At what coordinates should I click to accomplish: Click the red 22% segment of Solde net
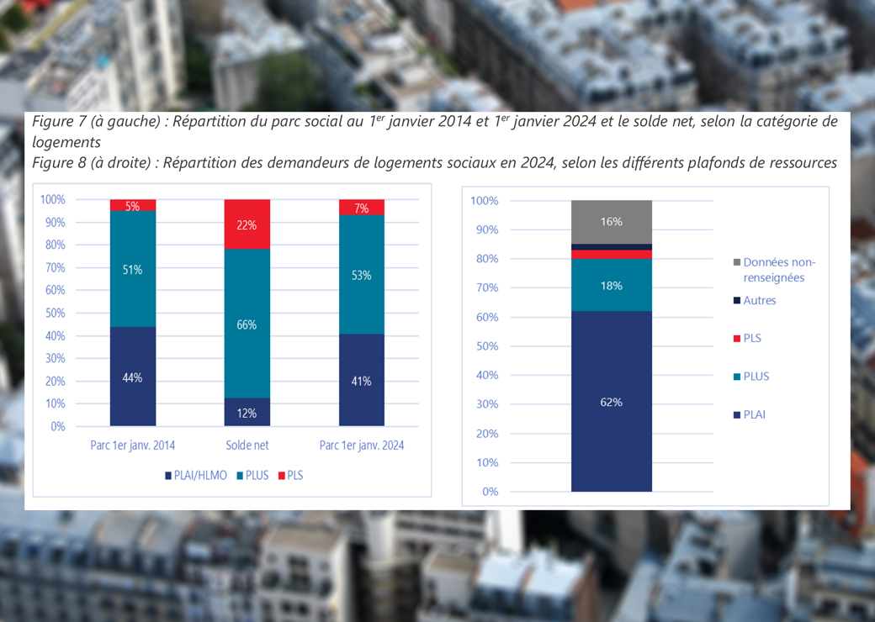click(247, 224)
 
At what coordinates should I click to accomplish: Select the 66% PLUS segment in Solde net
click(247, 324)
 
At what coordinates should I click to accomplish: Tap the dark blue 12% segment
click(247, 412)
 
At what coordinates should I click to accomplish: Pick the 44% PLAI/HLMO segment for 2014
click(133, 377)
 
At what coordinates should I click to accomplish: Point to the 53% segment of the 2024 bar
click(361, 274)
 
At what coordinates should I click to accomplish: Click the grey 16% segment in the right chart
click(612, 221)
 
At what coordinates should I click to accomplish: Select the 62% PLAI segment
click(612, 402)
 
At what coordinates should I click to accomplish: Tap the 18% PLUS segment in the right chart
click(612, 285)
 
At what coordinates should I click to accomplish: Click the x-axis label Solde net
click(247, 445)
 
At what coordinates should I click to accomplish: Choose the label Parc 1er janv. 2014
click(133, 445)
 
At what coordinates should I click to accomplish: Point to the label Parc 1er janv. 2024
click(361, 445)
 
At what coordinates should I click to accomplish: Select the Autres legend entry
click(760, 300)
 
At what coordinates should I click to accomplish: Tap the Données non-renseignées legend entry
click(779, 270)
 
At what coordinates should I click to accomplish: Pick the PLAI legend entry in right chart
click(755, 414)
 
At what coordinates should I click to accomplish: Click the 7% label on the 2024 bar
click(361, 208)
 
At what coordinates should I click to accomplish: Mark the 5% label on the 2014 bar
click(133, 206)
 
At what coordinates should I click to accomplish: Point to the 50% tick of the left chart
click(53, 314)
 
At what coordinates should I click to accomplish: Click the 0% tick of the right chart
click(490, 492)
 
